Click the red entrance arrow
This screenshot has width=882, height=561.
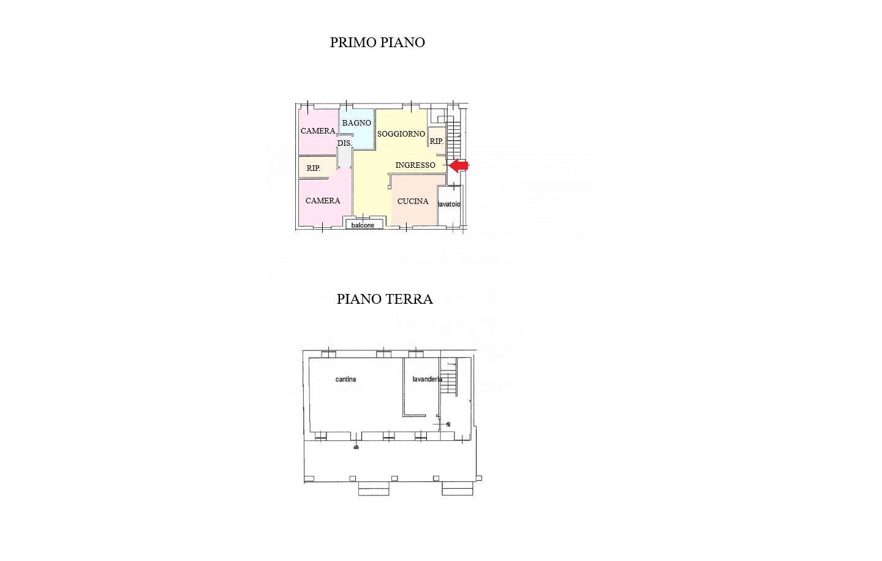click(459, 166)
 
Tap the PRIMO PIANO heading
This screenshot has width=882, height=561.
click(377, 42)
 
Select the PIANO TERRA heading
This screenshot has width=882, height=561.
click(385, 299)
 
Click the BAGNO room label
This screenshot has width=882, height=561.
click(356, 123)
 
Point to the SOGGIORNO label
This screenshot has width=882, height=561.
click(401, 134)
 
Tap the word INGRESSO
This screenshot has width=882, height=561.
click(415, 165)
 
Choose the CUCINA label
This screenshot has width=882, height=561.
click(413, 201)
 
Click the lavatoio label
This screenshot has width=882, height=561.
click(449, 205)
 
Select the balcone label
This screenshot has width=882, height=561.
click(363, 225)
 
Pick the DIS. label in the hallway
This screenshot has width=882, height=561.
click(344, 143)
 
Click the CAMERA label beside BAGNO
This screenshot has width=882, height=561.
click(318, 130)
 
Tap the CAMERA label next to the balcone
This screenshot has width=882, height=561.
click(323, 201)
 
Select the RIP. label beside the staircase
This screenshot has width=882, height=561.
click(436, 141)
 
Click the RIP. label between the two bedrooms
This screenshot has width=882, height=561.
click(314, 168)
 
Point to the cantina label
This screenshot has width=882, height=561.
click(345, 379)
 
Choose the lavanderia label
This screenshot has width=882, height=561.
click(428, 379)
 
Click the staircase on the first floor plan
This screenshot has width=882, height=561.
click(453, 141)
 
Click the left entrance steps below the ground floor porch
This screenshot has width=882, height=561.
click(374, 489)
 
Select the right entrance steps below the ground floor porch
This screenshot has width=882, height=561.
click(457, 489)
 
